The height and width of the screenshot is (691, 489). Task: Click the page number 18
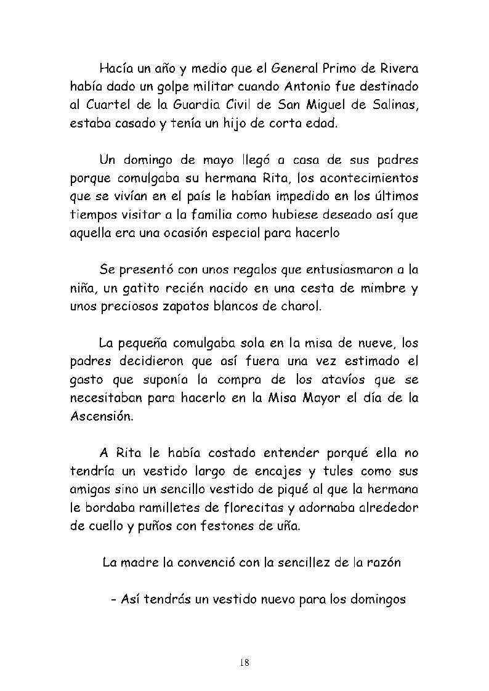pos(244,663)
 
